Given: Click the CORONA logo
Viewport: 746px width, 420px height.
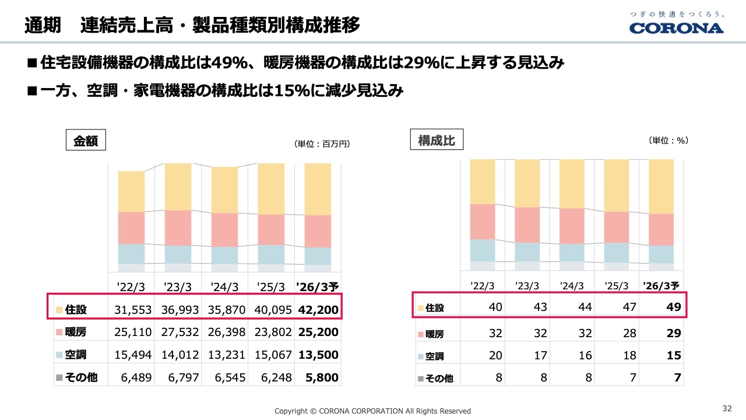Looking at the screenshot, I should coord(676,27).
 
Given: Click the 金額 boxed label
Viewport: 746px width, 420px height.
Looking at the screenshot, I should coord(86,141).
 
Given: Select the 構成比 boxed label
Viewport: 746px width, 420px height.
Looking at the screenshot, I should coord(437,140).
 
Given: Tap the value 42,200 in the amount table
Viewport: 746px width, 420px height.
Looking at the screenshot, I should coord(318,310).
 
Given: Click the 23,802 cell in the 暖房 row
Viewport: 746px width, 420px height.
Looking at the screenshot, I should coord(272,332).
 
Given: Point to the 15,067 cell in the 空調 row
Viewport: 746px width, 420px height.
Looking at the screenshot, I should coord(272,355).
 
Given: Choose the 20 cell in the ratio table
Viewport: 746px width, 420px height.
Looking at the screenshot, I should coord(495,356).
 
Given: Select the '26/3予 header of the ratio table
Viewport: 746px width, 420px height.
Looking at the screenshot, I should coord(661,286).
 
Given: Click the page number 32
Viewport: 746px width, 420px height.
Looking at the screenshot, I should coord(727,408).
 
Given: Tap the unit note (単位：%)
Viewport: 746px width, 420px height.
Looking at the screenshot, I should coord(668,141).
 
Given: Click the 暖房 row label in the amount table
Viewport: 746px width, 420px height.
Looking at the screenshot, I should coord(76,332).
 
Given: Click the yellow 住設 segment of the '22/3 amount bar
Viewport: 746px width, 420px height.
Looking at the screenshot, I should coord(131,191).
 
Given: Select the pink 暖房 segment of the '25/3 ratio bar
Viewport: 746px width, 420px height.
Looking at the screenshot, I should coord(617,227).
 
